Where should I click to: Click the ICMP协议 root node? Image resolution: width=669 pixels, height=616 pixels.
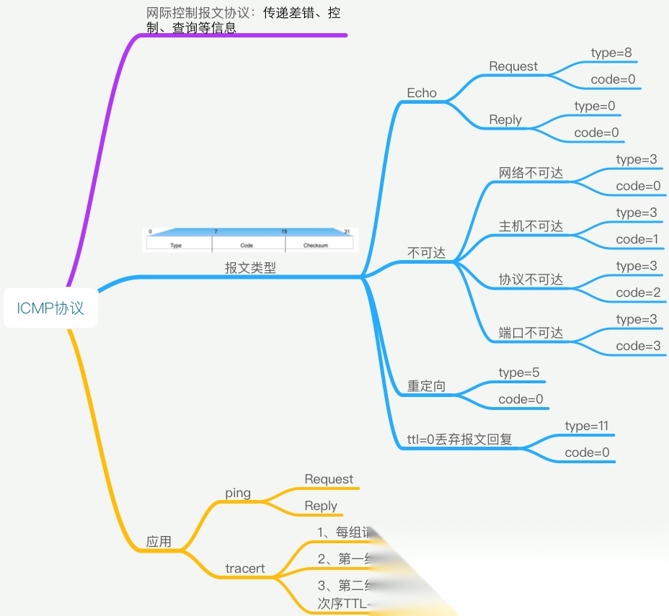pos(50,308)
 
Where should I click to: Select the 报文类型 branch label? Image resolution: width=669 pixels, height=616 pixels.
pos(250,268)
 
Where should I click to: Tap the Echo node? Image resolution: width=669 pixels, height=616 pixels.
pos(422,93)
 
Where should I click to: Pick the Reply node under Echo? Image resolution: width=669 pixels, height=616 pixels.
pos(505,120)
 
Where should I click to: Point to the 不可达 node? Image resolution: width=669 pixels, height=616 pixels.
pos(427,253)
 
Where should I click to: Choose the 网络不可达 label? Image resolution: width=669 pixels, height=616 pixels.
pos(531,173)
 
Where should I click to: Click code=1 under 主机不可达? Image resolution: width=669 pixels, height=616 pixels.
pos(638,239)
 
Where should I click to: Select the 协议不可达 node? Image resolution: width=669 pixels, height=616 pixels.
pos(531,280)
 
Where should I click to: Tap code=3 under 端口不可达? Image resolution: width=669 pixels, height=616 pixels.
pos(638,346)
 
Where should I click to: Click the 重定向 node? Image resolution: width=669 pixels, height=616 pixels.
pos(426,386)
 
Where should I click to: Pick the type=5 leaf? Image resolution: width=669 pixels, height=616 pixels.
pos(519,372)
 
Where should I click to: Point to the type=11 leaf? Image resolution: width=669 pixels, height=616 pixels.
pos(587,426)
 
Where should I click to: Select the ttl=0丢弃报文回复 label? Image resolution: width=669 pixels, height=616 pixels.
pos(459,439)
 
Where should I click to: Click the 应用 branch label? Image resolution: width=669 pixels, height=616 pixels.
pos(159,542)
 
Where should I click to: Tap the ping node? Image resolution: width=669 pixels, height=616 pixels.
pos(238,493)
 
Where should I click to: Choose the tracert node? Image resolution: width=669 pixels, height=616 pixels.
pos(245,568)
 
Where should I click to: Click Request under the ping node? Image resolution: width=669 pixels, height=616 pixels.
pos(329,479)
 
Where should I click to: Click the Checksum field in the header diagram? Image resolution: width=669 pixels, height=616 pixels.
pos(316,245)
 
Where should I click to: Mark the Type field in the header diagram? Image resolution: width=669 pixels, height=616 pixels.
pos(176,245)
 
